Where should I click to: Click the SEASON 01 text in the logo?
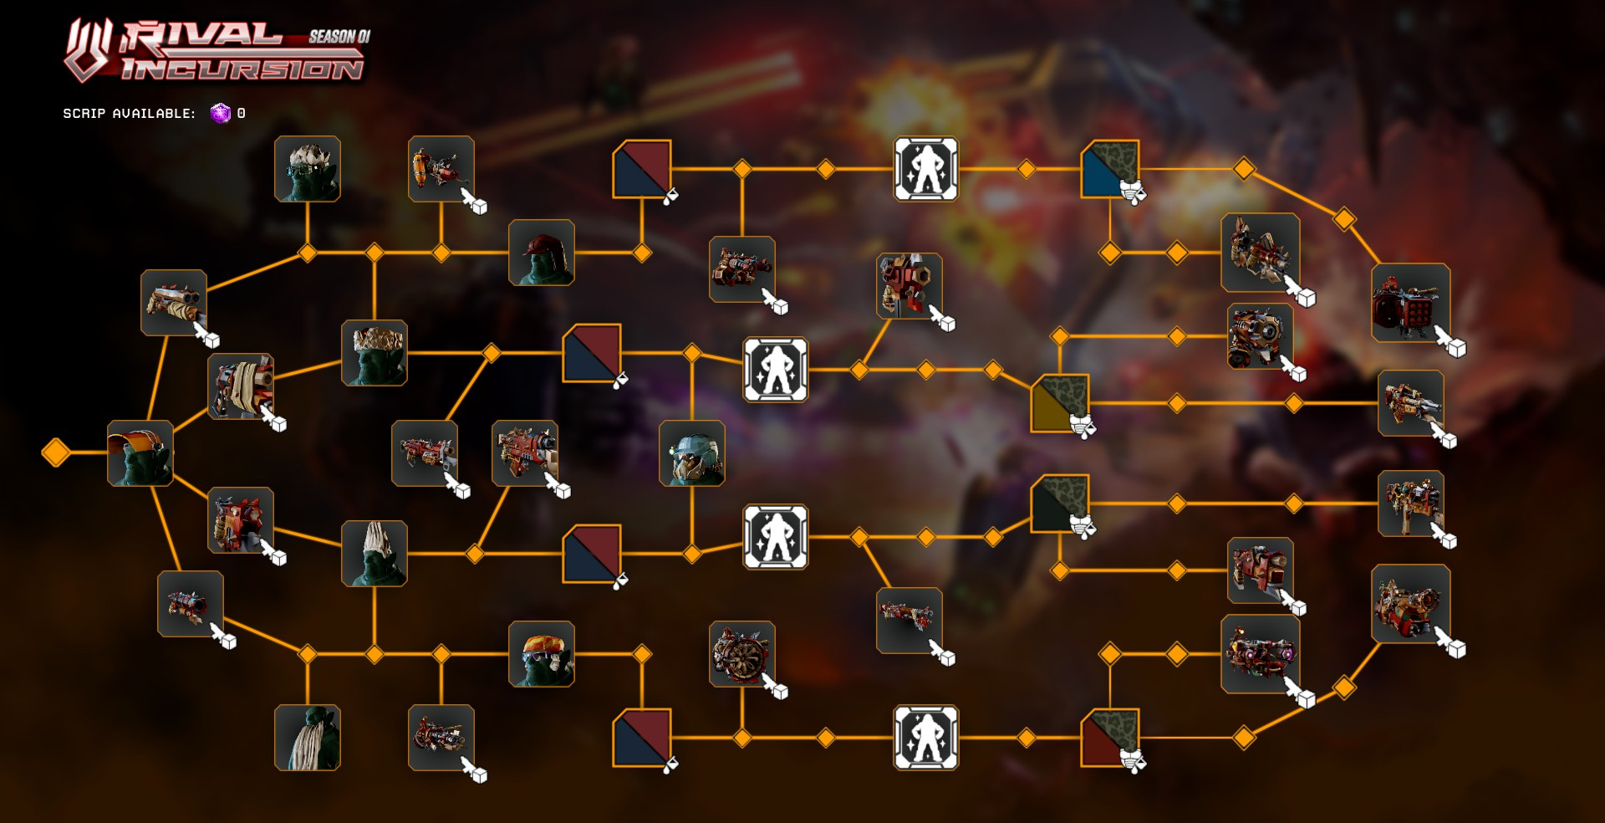[x=339, y=36]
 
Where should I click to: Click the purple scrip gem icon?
[x=220, y=113]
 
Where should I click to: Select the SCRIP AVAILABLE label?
[x=129, y=114]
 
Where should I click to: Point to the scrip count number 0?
[x=242, y=113]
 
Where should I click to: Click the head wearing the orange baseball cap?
[x=140, y=453]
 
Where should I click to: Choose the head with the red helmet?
[x=542, y=253]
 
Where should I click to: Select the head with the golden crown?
[x=374, y=353]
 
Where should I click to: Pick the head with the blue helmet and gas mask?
[x=692, y=453]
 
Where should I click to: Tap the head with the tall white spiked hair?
[x=374, y=554]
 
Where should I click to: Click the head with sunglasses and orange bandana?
[x=542, y=654]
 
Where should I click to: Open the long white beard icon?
[x=308, y=738]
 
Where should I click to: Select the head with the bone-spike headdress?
[x=308, y=169]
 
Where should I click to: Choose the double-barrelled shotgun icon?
[x=174, y=303]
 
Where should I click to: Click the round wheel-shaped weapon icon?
[x=741, y=654]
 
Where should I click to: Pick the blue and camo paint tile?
[x=1110, y=169]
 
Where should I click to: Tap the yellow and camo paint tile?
[x=1060, y=403]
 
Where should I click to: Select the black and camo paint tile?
[x=1060, y=504]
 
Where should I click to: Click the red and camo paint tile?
[x=1110, y=738]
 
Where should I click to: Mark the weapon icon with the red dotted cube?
[x=1410, y=303]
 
